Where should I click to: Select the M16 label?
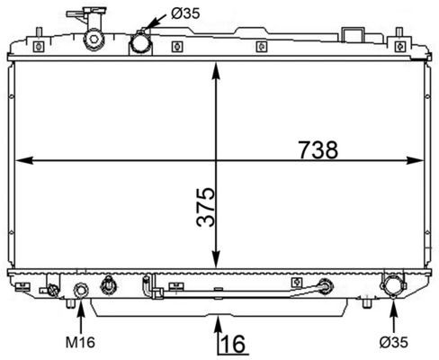coord(80,342)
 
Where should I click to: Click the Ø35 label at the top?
coord(184,13)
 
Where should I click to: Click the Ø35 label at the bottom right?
coord(394,342)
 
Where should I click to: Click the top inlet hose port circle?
coord(140,42)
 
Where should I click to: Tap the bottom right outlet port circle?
coord(393,287)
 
